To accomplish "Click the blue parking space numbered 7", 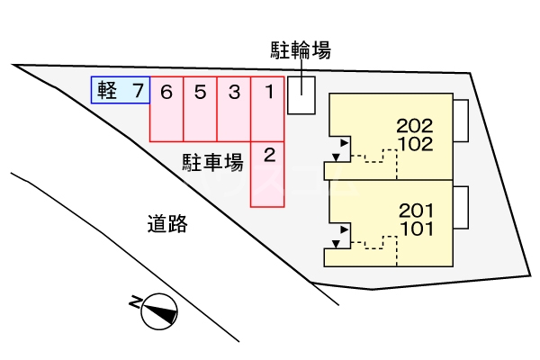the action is coord(136,90).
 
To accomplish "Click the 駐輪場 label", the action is coord(301,50).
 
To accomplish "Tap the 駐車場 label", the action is coord(213,163).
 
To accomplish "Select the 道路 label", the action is coord(166,224).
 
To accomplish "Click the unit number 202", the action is coord(415,126).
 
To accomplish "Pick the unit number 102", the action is coord(415,143).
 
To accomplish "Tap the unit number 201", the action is coord(415,211).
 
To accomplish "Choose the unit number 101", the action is coord(415,228).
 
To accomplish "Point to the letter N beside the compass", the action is coord(136,302).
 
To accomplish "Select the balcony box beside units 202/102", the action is coord(461,121).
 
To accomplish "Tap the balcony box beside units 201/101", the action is coord(461,207).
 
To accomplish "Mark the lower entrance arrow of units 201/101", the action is coord(337,242).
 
